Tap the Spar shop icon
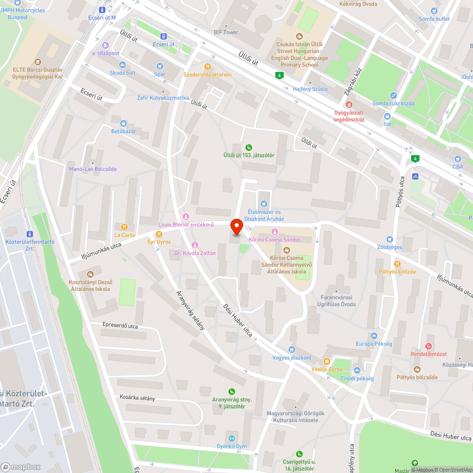coord(160,66)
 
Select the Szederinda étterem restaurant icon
coord(207,67)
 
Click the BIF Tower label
coord(226,32)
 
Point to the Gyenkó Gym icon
coord(232,438)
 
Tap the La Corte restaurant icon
coord(124,227)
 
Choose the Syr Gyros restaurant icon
coord(159,234)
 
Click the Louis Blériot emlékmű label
coord(186,225)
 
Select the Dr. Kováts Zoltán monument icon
coord(194,245)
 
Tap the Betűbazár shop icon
coord(123,123)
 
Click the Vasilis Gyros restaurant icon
coord(326,361)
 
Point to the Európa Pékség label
coord(374,344)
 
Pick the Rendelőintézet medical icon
coord(429,346)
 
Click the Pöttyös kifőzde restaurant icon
coord(397,263)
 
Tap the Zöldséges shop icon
coord(389,239)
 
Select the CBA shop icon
coord(457,159)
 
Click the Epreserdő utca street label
coord(120,325)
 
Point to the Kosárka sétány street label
coord(137,398)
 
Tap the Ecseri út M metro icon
coord(102,10)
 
